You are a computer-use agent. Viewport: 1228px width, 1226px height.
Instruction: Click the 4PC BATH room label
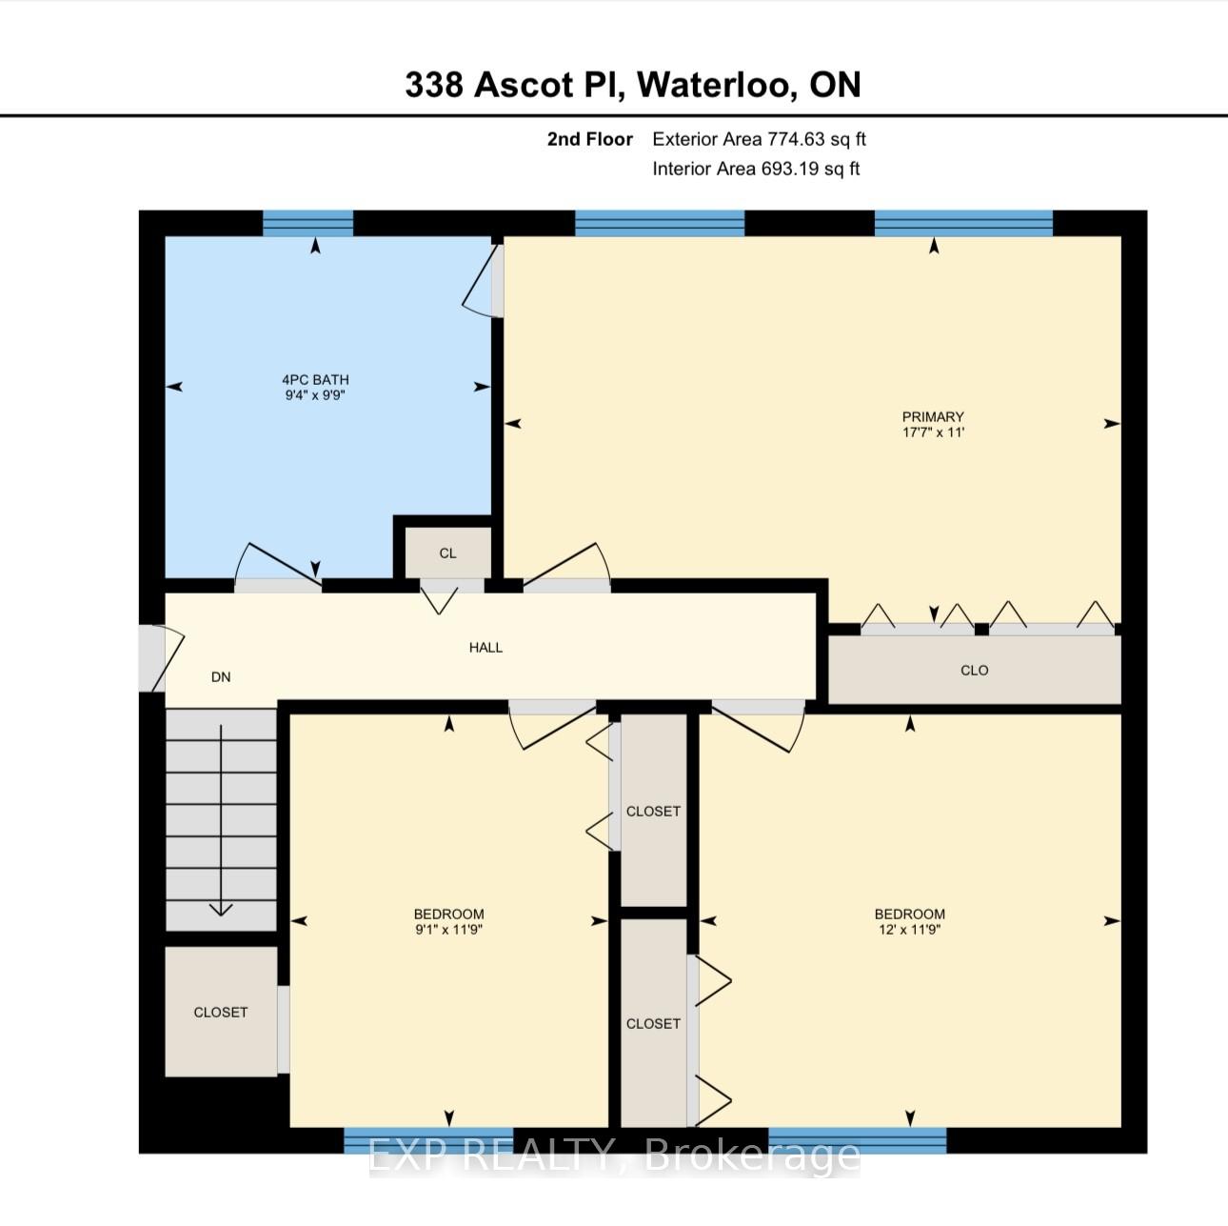coord(315,379)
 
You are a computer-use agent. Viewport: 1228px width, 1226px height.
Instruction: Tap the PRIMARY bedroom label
coord(933,416)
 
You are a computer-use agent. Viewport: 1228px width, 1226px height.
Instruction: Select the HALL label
coord(485,648)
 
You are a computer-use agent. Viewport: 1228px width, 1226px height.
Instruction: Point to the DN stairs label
coord(221,676)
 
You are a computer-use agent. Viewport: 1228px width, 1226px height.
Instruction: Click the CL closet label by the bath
coord(448,553)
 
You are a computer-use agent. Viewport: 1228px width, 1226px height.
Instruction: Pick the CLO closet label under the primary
coord(975,670)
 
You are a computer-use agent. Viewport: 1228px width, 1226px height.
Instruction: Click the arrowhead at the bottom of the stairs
coord(221,909)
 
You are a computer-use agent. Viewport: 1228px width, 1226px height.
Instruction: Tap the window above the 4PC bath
coord(308,223)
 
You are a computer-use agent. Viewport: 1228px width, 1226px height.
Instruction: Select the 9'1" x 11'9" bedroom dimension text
coord(448,930)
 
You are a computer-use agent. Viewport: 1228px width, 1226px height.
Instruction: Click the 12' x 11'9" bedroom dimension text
coord(909,930)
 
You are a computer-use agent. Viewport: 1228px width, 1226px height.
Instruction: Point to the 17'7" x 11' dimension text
coord(933,432)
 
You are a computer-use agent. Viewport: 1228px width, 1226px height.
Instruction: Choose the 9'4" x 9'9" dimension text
coord(315,394)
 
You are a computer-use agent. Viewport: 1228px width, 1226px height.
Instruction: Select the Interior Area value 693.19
coord(789,169)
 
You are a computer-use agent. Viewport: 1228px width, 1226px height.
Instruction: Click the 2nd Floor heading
coord(590,139)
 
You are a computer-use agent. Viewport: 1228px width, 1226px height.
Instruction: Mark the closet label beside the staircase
coord(221,1013)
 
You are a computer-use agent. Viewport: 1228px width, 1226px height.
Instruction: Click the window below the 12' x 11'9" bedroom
coord(857,1140)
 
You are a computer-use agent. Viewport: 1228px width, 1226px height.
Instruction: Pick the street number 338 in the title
coord(434,84)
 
